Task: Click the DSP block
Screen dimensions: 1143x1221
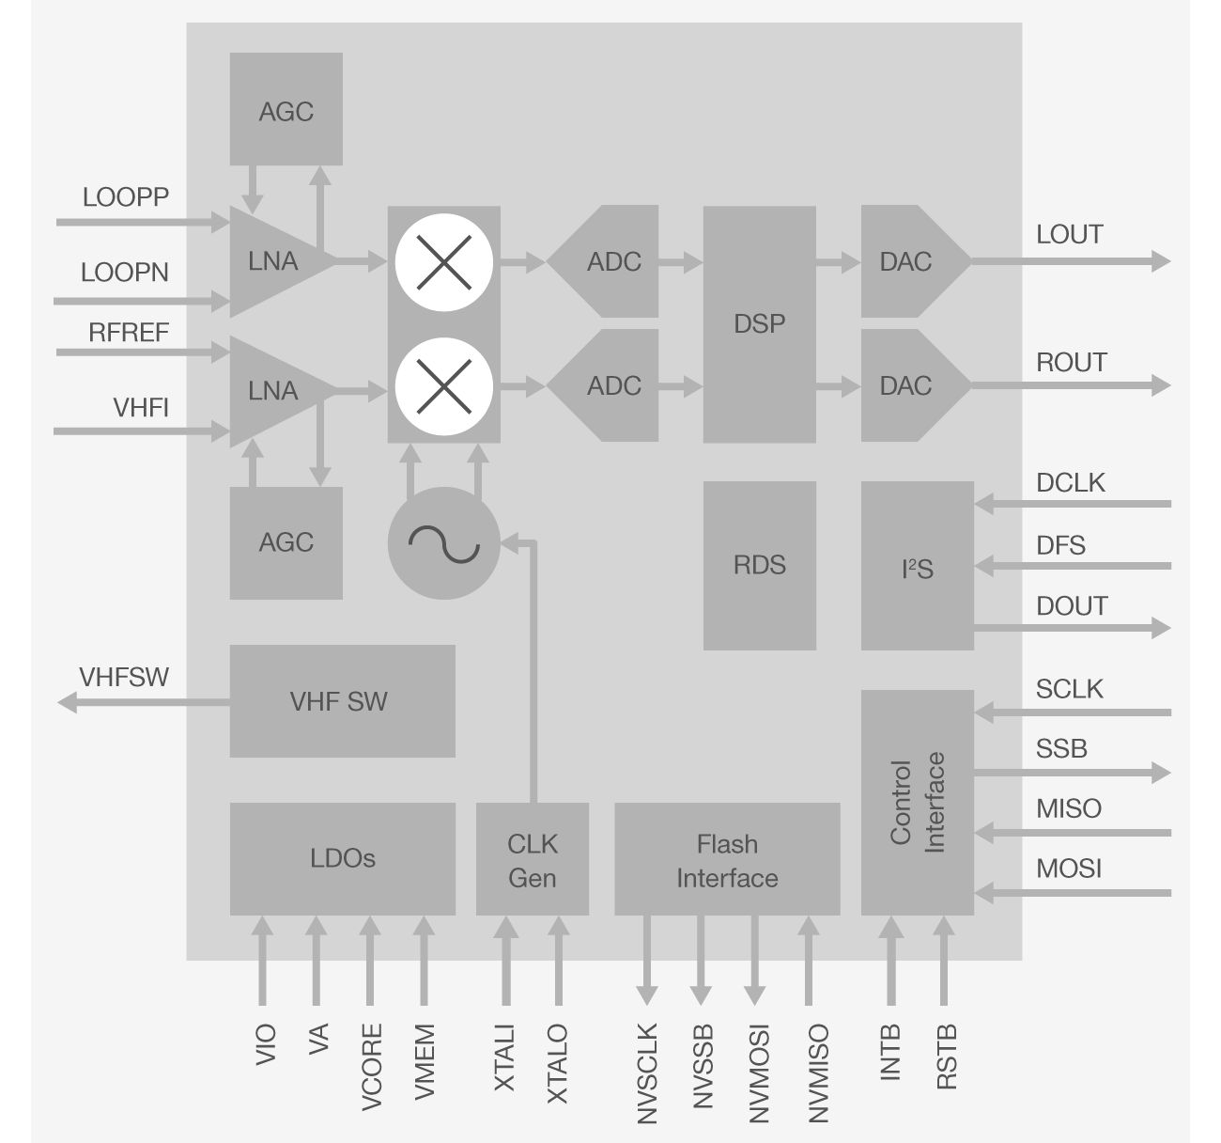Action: [759, 324]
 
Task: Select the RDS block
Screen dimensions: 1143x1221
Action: [759, 565]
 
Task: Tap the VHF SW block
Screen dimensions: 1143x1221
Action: [342, 701]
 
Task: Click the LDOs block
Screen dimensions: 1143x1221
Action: [342, 858]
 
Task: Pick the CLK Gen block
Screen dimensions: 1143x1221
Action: [532, 859]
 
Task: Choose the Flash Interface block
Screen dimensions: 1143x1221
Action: [727, 859]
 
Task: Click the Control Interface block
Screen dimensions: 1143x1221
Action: [917, 803]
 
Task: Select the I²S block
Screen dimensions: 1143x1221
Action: [917, 566]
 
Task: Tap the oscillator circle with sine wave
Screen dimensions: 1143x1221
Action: [443, 542]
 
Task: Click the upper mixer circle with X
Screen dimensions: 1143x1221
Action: [443, 262]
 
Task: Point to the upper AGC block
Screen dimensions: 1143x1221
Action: [286, 110]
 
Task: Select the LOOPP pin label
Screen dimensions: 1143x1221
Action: [126, 197]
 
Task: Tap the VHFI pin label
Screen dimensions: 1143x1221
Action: [141, 408]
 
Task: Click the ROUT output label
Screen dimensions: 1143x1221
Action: [1071, 363]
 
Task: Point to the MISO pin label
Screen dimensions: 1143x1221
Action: [1069, 808]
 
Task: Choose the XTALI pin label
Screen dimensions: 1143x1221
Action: [504, 1057]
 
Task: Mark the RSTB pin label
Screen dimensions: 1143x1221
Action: [947, 1057]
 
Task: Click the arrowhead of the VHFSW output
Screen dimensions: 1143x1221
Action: [67, 702]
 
